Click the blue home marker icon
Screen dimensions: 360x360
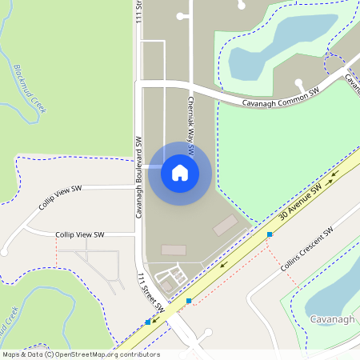(180, 173)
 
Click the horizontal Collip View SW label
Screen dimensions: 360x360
(79, 234)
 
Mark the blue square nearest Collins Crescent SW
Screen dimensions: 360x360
(270, 234)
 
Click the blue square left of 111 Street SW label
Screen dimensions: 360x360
(148, 322)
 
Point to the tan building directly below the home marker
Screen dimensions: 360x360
(173, 250)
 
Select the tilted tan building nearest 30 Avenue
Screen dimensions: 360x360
(225, 225)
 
